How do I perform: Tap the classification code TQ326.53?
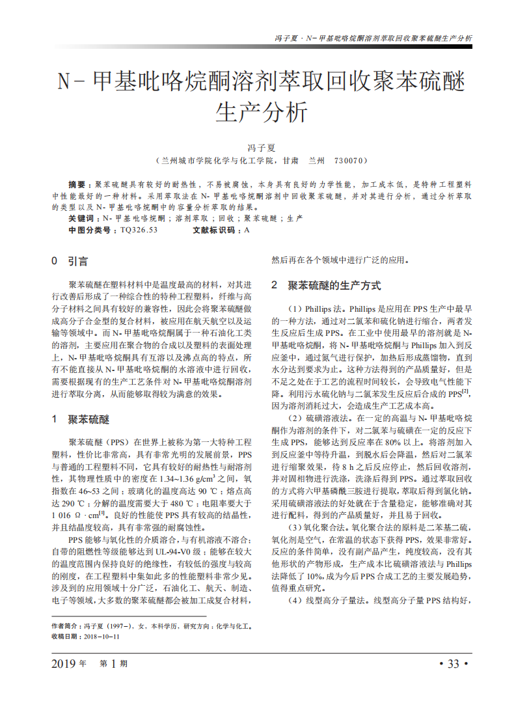[139, 230]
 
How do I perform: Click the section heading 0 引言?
[70, 262]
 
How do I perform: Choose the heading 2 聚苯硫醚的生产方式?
[326, 285]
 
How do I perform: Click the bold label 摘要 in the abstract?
[80, 186]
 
